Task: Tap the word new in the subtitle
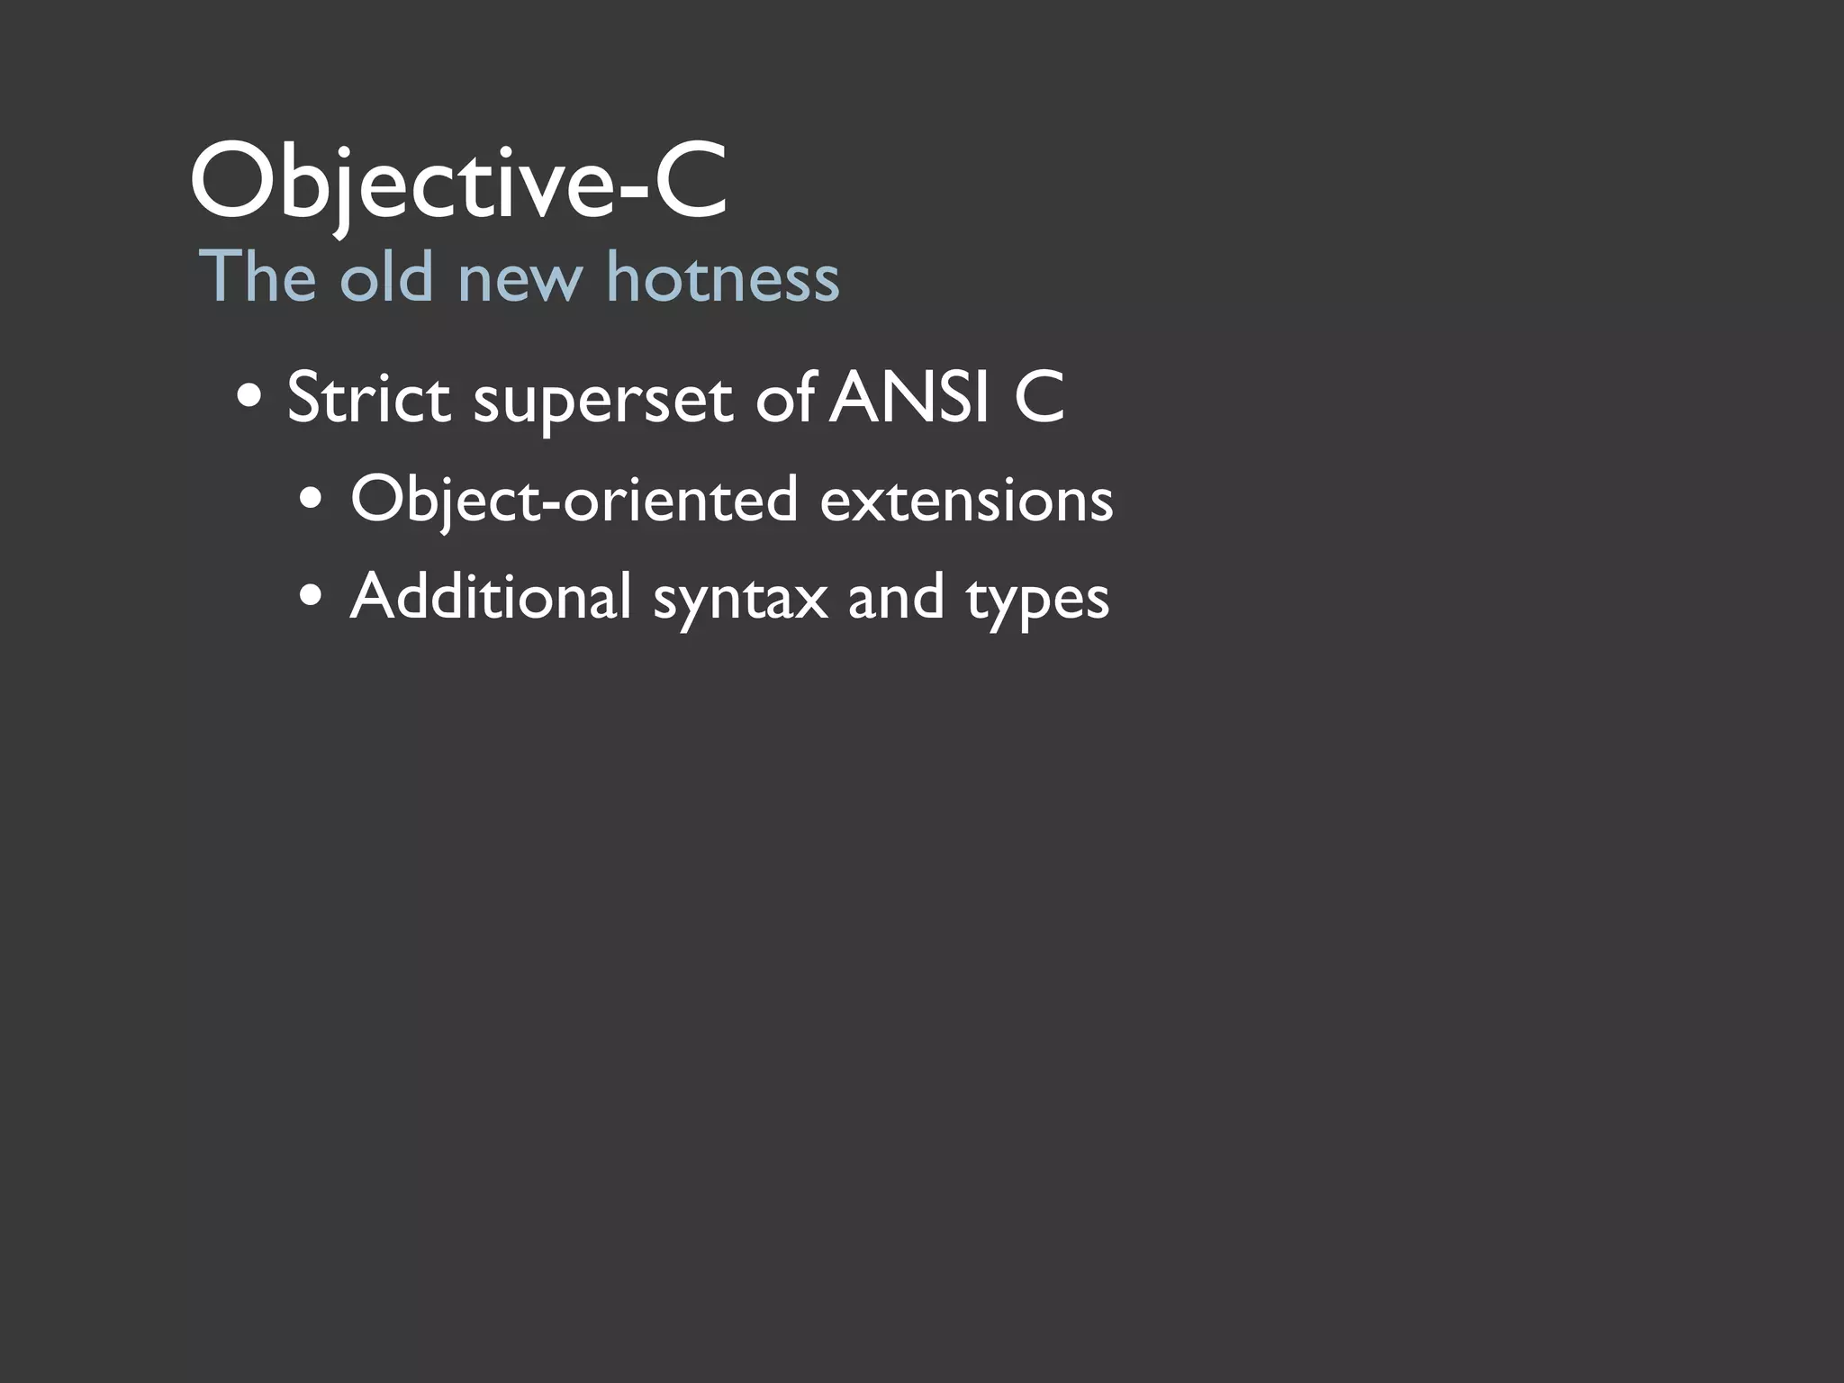click(x=520, y=278)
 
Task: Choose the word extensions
click(x=966, y=500)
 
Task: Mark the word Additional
click(x=491, y=596)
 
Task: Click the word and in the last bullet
click(x=896, y=596)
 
